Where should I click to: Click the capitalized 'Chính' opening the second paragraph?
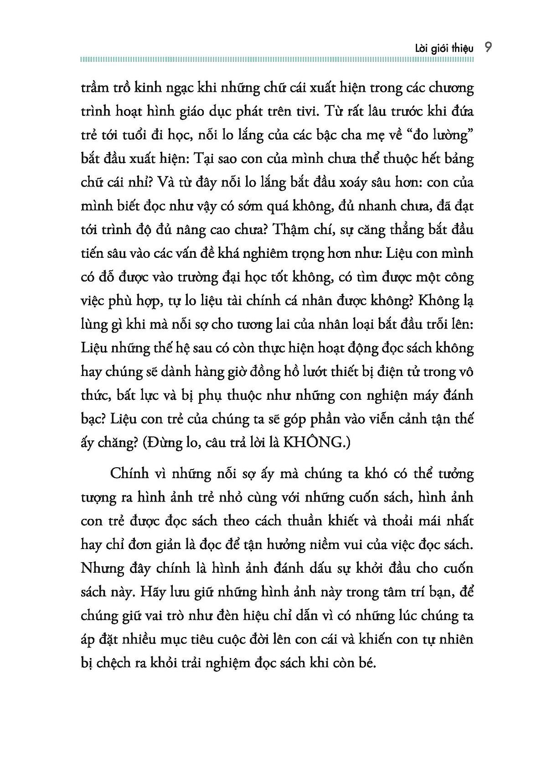[x=129, y=473]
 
